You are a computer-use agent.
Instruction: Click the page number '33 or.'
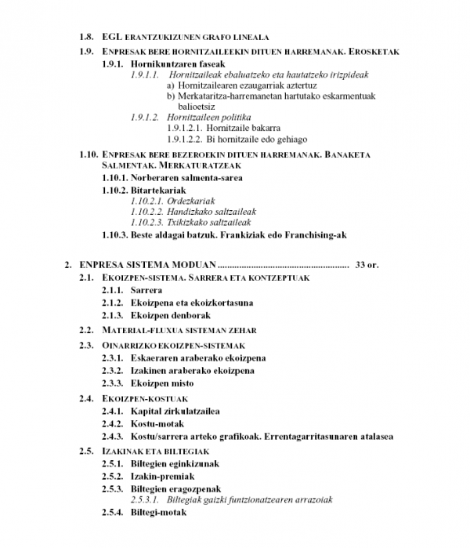click(367, 265)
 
